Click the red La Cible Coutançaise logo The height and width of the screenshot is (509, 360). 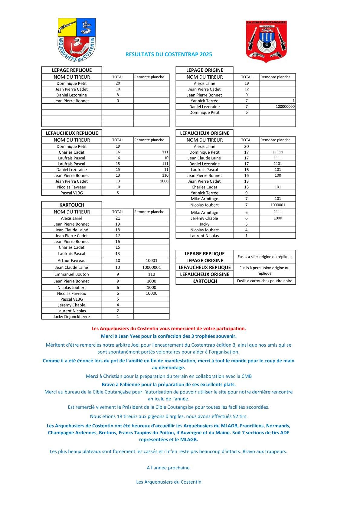click(266, 41)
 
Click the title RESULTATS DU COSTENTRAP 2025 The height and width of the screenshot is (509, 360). click(169, 54)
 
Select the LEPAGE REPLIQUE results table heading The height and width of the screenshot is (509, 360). click(72, 70)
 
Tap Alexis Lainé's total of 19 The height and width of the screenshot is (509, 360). click(247, 83)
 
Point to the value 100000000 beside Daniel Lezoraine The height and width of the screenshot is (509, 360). click(285, 106)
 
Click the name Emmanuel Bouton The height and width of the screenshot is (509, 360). click(72, 274)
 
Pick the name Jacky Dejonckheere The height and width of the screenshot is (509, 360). click(72, 317)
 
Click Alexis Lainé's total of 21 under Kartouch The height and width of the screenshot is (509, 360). click(118, 218)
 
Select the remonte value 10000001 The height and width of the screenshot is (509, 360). click(151, 267)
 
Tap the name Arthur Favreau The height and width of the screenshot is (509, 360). click(72, 260)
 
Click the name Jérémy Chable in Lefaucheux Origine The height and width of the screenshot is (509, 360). click(205, 218)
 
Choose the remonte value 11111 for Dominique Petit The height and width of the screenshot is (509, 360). click(278, 152)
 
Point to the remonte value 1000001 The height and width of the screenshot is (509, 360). click(278, 205)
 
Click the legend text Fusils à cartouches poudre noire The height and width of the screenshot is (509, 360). click(264, 281)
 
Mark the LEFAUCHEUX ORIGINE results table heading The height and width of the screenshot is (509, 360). click(205, 133)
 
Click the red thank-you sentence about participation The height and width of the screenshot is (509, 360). click(169, 328)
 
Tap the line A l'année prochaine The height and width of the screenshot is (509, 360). click(169, 468)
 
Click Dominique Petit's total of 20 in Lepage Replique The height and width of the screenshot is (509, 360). click(118, 83)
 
